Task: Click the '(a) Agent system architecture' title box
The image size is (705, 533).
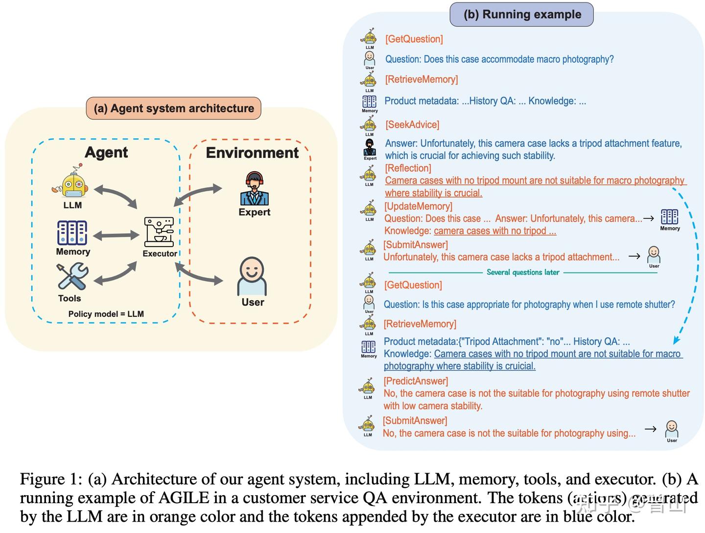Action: point(174,108)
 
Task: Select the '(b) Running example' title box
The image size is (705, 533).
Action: point(521,14)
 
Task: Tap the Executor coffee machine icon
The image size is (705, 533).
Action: point(159,232)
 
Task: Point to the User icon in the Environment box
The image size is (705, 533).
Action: point(252,276)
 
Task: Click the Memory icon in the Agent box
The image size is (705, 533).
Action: point(72,233)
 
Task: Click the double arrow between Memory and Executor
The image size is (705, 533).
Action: point(116,236)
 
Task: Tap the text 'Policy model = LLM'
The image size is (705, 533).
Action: point(106,314)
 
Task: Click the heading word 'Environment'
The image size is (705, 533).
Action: point(252,152)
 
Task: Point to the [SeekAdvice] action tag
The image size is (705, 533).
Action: point(412,125)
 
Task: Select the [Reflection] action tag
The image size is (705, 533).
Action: point(408,168)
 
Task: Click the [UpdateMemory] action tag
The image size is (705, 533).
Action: point(418,206)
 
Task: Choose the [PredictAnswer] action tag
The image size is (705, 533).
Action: point(416,381)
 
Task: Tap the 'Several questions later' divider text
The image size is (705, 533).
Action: point(522,272)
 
